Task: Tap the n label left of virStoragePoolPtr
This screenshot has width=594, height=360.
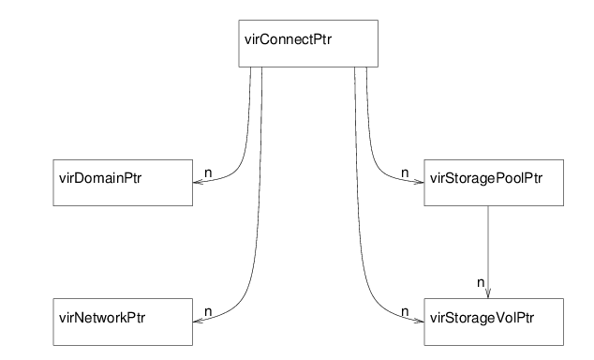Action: click(405, 172)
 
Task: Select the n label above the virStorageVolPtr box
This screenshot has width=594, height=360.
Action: click(480, 280)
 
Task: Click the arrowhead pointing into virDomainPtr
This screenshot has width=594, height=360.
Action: click(197, 183)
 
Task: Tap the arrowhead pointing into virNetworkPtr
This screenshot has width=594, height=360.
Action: click(197, 322)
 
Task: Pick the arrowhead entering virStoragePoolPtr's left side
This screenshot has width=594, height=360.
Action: click(417, 183)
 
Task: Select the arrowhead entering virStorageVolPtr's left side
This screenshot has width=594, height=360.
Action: click(417, 322)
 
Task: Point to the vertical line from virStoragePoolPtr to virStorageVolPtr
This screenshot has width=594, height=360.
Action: click(488, 244)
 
